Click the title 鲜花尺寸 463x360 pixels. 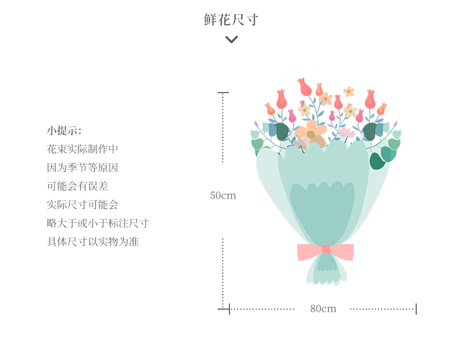[231, 20]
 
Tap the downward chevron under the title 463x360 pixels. [232, 40]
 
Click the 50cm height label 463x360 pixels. [223, 195]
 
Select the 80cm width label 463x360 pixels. [323, 309]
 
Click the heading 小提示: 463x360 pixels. [64, 131]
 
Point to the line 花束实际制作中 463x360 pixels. [82, 149]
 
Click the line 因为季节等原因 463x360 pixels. [82, 168]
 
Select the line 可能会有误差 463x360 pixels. [77, 186]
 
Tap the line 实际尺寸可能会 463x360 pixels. [82, 205]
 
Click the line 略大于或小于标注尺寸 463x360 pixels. [98, 223]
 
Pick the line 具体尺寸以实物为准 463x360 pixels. [93, 242]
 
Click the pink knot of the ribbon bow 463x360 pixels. [326, 249]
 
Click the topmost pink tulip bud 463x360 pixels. [304, 86]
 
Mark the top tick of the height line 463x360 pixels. [223, 93]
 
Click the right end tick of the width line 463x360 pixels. [416, 309]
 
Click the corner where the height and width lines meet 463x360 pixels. [229, 309]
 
